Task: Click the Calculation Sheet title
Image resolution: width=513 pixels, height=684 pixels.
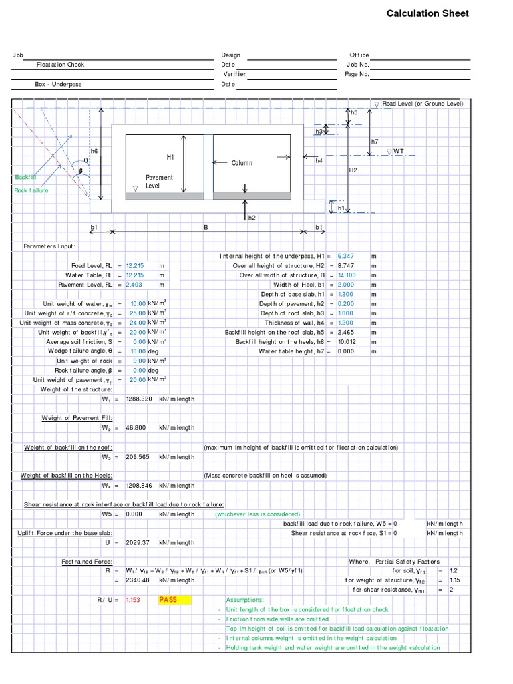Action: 427,13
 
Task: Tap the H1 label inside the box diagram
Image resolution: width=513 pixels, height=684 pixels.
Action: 170,157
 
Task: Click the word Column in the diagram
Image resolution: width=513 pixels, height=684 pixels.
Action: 242,163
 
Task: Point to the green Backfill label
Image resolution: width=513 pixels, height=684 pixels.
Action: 26,177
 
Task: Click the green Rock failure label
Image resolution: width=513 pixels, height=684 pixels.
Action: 31,190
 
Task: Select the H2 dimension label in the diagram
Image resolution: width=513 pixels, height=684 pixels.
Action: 353,170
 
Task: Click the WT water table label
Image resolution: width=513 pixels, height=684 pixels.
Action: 398,152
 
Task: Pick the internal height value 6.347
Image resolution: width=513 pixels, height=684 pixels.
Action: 347,256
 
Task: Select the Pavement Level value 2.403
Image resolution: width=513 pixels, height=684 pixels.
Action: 135,285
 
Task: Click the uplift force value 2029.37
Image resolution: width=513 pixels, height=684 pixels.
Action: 138,542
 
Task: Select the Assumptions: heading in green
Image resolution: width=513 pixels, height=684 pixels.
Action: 244,600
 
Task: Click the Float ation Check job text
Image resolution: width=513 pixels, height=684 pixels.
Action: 60,65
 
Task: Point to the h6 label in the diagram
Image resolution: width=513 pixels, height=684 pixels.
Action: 94,152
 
